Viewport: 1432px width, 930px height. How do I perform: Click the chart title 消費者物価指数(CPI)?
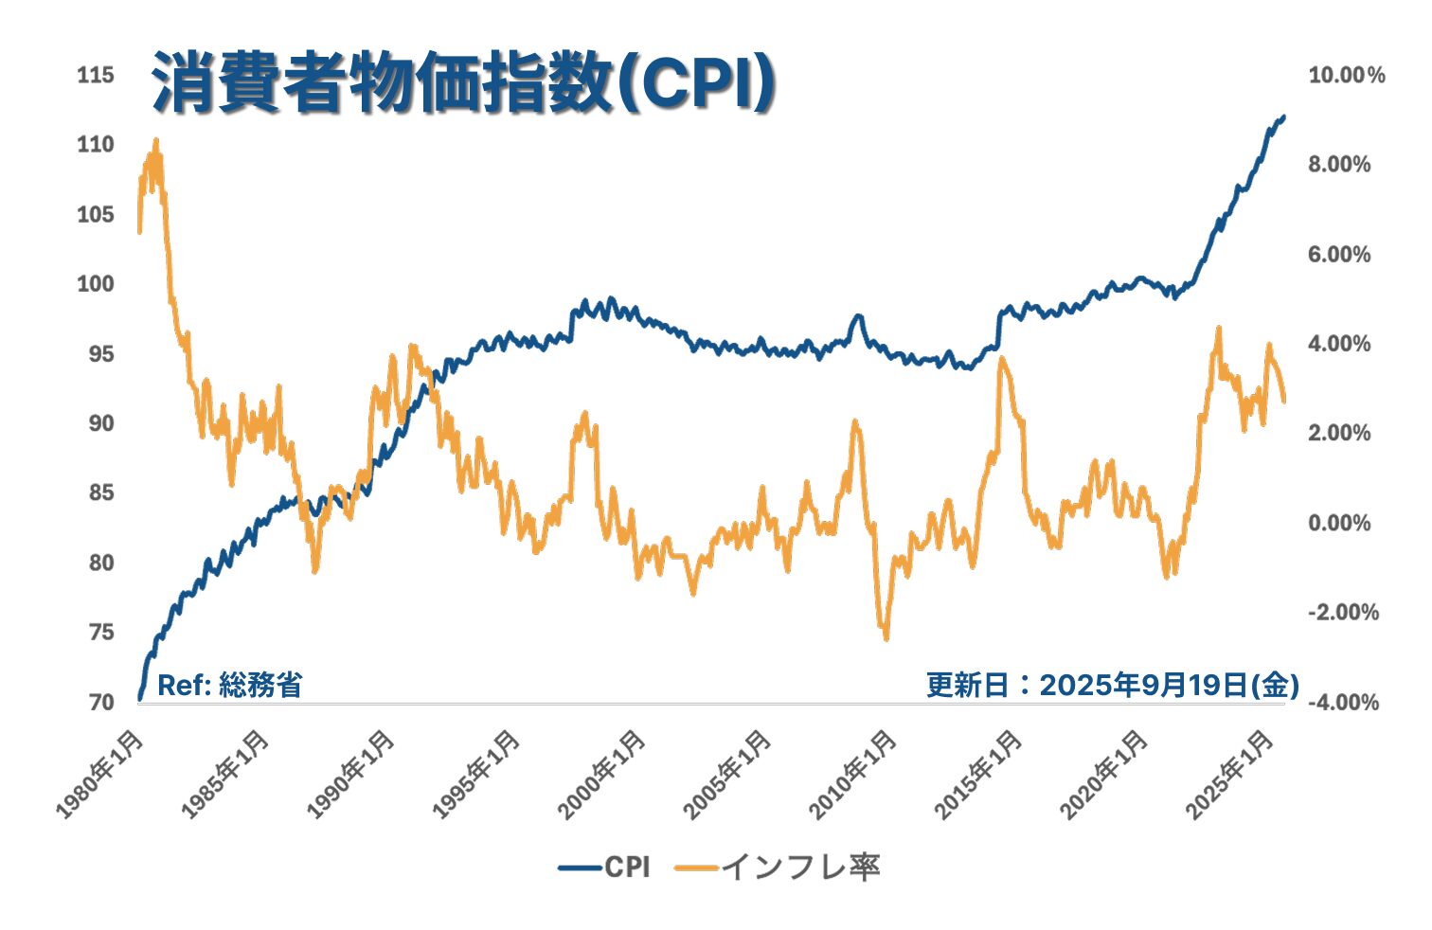[x=463, y=85]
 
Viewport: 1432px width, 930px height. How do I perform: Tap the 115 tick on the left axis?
[x=96, y=75]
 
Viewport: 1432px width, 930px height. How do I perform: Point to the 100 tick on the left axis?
[x=96, y=284]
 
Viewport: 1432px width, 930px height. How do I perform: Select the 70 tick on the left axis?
[x=100, y=702]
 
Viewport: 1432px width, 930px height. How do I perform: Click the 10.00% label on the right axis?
[x=1346, y=76]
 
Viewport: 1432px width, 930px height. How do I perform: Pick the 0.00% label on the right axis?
[x=1339, y=523]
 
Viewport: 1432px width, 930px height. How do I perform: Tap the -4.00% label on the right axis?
[x=1343, y=702]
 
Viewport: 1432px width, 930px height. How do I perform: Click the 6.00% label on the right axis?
[x=1339, y=255]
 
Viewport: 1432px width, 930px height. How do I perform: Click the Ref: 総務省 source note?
[x=229, y=685]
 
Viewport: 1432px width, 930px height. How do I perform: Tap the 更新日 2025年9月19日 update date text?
[x=1112, y=685]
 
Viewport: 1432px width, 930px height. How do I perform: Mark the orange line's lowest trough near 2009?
[x=886, y=638]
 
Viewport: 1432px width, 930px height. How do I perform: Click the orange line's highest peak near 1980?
[x=155, y=141]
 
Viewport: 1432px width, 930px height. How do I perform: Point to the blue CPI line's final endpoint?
[x=1284, y=116]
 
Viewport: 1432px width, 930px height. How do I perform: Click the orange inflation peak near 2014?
[x=1000, y=359]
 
